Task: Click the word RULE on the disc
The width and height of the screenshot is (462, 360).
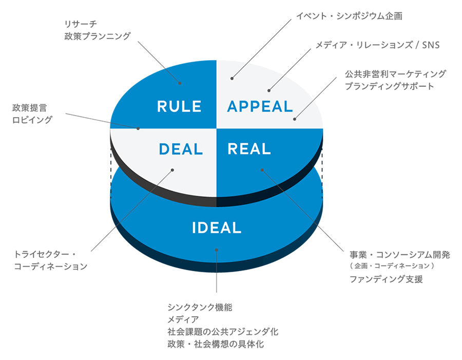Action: click(179, 107)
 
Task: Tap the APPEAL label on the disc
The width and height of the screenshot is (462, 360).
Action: click(260, 107)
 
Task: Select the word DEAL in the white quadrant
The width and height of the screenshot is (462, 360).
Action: click(181, 149)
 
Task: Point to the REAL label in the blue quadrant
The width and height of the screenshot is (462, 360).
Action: click(249, 149)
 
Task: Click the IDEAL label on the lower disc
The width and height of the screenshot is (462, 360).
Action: click(217, 228)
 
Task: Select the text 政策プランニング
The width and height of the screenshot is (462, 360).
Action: click(98, 36)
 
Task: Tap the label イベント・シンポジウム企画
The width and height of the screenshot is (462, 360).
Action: click(349, 16)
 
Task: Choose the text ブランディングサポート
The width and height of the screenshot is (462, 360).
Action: click(390, 86)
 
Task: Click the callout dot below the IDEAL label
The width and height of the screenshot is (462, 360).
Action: click(217, 250)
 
